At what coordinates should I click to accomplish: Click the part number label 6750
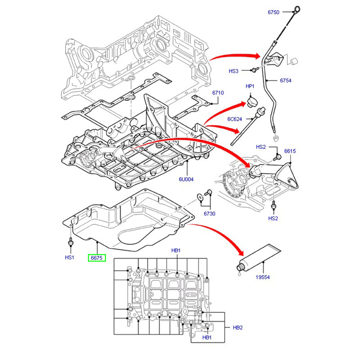274,13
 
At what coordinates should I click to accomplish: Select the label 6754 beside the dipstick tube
286,81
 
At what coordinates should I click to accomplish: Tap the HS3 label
234,71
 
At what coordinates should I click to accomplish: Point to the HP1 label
250,86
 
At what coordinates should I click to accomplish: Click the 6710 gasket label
218,93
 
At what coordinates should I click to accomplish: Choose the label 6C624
234,120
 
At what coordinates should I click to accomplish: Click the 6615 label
290,151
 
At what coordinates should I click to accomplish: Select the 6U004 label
186,179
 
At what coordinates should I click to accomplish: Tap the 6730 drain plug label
210,213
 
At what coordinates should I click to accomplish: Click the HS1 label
69,258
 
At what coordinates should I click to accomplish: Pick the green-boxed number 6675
97,258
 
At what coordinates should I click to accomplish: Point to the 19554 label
262,278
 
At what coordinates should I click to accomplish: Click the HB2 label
238,328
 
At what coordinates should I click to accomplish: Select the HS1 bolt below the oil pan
71,241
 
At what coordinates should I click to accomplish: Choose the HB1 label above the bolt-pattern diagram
175,250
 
